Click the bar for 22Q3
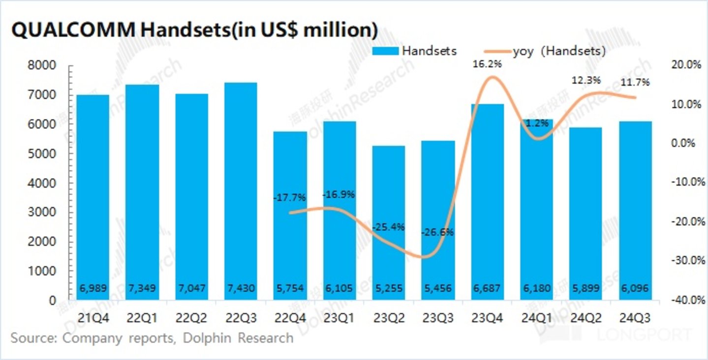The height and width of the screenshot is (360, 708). point(241,192)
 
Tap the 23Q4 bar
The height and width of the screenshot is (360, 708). point(487,202)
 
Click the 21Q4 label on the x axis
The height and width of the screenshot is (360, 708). point(93,319)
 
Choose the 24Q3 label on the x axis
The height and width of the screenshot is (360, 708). point(635,319)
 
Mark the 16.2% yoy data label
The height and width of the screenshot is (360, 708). point(487,63)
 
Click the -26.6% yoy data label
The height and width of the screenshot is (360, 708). point(437,232)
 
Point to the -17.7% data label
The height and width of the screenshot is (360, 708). point(289,198)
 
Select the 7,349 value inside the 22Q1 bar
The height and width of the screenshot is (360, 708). point(142,288)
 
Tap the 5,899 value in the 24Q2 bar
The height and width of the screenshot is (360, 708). point(585,288)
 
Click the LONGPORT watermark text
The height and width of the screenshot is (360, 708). point(645,335)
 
